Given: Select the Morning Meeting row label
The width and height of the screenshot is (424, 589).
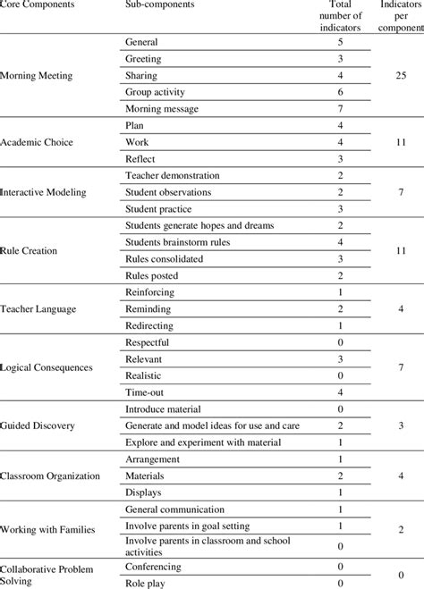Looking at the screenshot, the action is tap(37, 76).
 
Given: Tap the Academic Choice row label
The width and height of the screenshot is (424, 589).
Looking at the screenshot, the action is tap(37, 142).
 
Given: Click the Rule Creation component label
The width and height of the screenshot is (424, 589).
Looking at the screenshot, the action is tap(30, 250).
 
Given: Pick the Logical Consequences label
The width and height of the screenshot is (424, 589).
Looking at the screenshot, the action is tap(45, 367).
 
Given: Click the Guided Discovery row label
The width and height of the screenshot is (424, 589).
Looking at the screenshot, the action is tap(38, 426).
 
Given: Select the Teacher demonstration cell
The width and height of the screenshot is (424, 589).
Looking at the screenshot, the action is tap(173, 176).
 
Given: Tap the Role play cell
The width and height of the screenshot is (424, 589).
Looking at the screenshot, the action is tap(146, 582).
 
